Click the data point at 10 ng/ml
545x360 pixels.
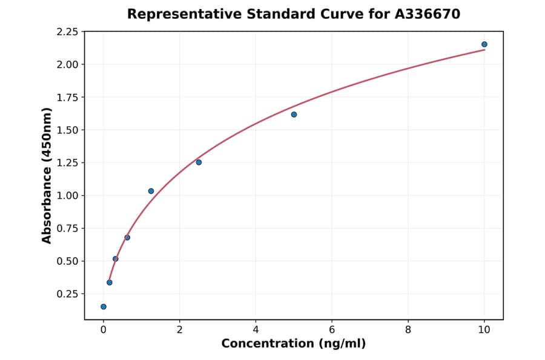click(x=484, y=44)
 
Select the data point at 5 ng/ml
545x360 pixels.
click(x=294, y=115)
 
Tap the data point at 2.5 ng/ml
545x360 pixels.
click(x=199, y=162)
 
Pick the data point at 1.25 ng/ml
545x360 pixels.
click(x=151, y=191)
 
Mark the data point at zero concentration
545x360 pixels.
click(x=104, y=307)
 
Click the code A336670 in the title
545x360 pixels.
click(x=428, y=13)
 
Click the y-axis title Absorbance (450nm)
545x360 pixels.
click(x=47, y=175)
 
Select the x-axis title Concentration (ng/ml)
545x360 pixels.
click(x=293, y=344)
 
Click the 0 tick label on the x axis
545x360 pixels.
click(x=104, y=330)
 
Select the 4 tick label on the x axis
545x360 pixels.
click(x=256, y=330)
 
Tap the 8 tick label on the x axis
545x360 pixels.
click(x=408, y=330)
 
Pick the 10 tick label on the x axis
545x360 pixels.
click(x=484, y=330)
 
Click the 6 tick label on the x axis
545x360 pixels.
click(x=332, y=330)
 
